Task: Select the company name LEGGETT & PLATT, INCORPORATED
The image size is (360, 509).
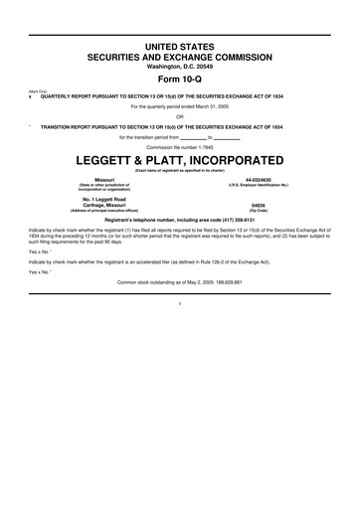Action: coord(180,159)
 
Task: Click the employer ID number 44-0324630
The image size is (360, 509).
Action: coord(264,178)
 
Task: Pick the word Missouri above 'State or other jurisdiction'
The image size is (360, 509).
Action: coord(98,178)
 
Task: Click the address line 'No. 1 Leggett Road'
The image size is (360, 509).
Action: coord(98,200)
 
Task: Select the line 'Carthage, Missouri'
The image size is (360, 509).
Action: coord(98,206)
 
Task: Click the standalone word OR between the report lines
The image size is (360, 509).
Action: coord(180,115)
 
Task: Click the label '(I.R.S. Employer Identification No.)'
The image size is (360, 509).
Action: coord(264,184)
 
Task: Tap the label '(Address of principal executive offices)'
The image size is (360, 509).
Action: coord(98,212)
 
